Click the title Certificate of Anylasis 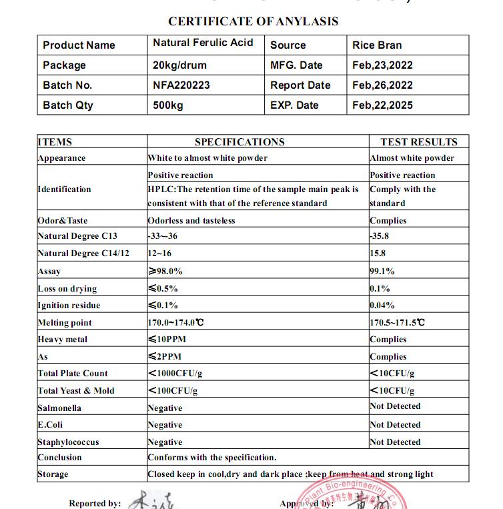pyautogui.click(x=253, y=21)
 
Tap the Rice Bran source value pyautogui.click(x=377, y=45)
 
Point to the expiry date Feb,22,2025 pyautogui.click(x=382, y=105)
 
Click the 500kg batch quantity pyautogui.click(x=167, y=105)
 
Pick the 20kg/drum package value pyautogui.click(x=179, y=65)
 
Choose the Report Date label pyautogui.click(x=300, y=85)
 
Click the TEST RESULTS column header pyautogui.click(x=419, y=141)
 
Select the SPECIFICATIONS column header pyautogui.click(x=239, y=141)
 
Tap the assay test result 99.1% pyautogui.click(x=382, y=272)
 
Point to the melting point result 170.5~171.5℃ pyautogui.click(x=398, y=322)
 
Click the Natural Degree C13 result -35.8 pyautogui.click(x=380, y=236)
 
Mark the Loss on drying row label pyautogui.click(x=67, y=289)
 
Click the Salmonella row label pyautogui.click(x=59, y=408)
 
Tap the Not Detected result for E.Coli pyautogui.click(x=396, y=424)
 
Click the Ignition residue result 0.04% pyautogui.click(x=382, y=306)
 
